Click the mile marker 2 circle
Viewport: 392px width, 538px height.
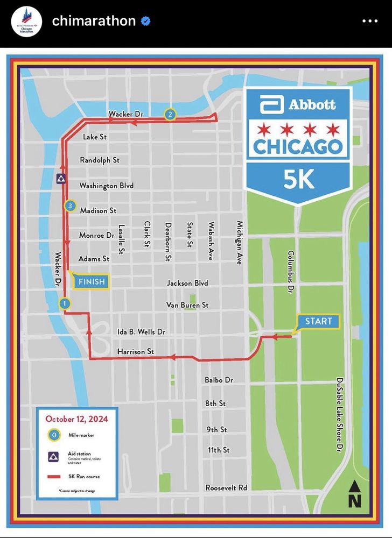coord(170,114)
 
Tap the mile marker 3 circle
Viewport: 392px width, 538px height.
coord(69,206)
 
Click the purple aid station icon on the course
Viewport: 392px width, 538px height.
coord(61,179)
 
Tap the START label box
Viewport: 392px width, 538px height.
coord(319,321)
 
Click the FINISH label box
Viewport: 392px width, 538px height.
coord(92,281)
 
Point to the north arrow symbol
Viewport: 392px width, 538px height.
coord(354,494)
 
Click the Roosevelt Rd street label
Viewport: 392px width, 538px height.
coord(226,487)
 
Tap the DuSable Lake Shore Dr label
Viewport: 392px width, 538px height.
coord(339,414)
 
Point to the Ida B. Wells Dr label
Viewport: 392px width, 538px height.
coord(141,332)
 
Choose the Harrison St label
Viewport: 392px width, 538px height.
coord(136,351)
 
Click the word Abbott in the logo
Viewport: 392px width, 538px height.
coord(312,104)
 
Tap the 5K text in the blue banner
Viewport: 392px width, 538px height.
coord(298,180)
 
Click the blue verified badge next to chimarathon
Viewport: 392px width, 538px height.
coord(145,21)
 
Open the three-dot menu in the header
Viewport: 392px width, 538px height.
coord(370,21)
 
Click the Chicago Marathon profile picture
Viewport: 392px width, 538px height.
coord(26,22)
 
